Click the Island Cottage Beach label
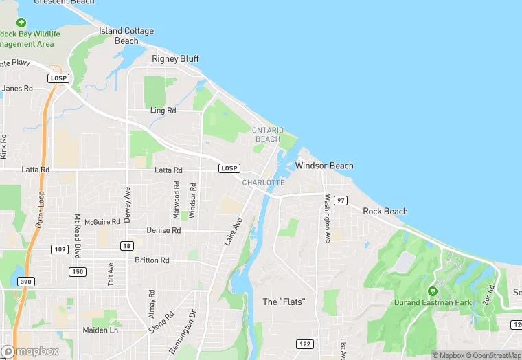126,36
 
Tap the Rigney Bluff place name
175,58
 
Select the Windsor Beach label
324,166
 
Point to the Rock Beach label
385,212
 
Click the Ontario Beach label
268,134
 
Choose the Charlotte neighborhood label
263,182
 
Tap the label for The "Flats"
284,302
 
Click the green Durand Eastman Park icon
432,291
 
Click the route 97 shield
341,200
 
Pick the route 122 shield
305,343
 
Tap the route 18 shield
126,246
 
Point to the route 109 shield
60,249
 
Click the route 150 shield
77,272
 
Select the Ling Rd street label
163,111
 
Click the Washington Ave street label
328,218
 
